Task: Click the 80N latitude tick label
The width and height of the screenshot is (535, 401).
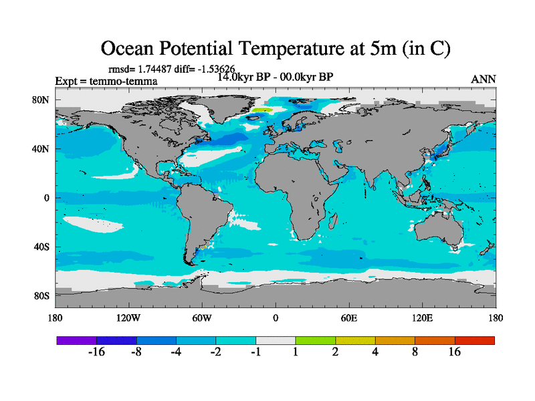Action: tap(42, 100)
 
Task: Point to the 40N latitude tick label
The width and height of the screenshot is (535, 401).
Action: tap(42, 149)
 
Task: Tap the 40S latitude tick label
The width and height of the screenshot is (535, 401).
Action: tap(42, 247)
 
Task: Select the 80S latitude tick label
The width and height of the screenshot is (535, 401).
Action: tap(42, 295)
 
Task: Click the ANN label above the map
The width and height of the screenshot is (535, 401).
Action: tap(484, 79)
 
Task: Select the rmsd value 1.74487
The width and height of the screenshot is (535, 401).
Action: tap(154, 69)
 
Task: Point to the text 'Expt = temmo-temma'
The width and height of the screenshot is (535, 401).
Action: tap(106, 82)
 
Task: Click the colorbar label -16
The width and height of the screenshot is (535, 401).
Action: tap(97, 353)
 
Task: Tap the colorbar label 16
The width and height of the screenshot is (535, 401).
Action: tap(455, 353)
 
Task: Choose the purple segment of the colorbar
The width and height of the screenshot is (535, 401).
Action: tap(76, 340)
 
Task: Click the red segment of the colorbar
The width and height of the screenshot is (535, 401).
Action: tap(475, 340)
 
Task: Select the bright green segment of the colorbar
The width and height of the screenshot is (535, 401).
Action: tap(316, 340)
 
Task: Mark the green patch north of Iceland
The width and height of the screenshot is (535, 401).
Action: tap(262, 110)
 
